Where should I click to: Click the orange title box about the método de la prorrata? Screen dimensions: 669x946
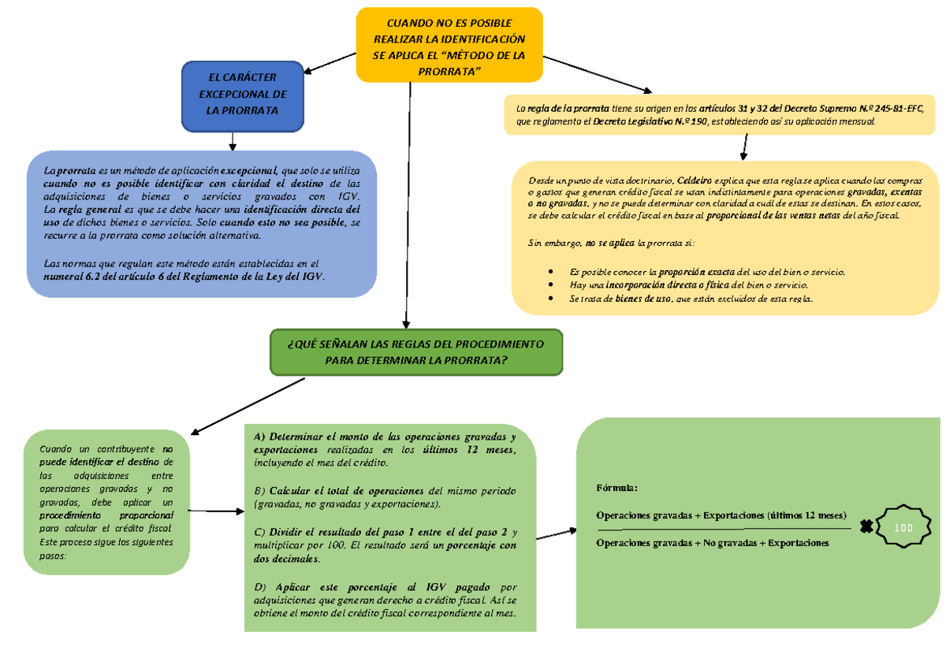click(449, 45)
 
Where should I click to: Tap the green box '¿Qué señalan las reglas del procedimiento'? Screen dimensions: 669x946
click(415, 352)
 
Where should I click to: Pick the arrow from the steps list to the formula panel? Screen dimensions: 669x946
click(561, 533)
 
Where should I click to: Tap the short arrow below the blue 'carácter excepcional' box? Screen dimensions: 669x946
click(233, 140)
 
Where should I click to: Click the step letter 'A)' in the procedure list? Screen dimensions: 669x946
click(260, 437)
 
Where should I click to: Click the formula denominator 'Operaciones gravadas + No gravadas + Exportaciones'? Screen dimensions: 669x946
click(713, 543)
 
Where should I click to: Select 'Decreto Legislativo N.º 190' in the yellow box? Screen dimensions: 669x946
click(651, 121)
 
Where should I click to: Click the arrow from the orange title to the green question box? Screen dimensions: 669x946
click(408, 205)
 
